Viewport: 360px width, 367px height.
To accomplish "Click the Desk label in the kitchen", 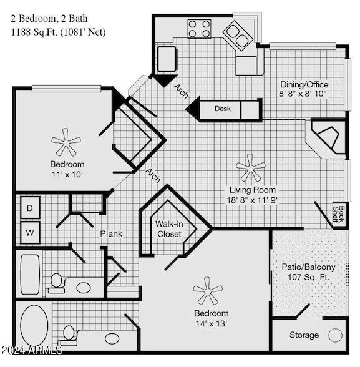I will click(223, 109).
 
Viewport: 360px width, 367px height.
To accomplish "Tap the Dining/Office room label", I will click(303, 84).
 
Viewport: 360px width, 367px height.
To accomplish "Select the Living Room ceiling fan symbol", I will click(251, 167).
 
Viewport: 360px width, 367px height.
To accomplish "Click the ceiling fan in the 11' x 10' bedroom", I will click(66, 142).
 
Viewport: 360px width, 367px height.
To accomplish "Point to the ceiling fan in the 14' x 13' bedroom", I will click(208, 290).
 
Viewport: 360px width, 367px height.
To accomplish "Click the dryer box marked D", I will click(30, 207).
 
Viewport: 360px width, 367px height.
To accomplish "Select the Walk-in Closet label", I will click(168, 228).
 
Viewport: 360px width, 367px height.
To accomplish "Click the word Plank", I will click(111, 234).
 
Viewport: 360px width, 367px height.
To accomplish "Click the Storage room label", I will click(304, 335).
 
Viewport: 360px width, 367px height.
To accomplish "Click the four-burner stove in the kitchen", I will click(200, 28).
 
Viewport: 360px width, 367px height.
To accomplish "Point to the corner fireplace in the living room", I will click(328, 137).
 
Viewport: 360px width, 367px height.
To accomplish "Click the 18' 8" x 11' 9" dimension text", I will click(252, 200).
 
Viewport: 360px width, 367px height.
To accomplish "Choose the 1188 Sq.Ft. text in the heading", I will click(34, 32).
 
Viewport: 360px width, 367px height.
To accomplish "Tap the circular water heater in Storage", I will click(336, 335).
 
